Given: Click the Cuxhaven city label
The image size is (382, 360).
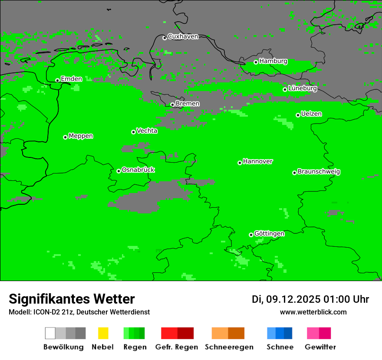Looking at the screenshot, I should (x=183, y=36).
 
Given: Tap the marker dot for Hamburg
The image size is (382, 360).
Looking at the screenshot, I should (x=256, y=62).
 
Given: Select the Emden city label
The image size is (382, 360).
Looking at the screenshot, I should (x=71, y=79).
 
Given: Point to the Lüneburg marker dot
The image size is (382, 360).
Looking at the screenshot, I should (x=285, y=89).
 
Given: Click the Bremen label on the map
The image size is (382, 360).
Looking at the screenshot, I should (x=188, y=104).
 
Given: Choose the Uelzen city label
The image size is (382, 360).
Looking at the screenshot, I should (x=311, y=114).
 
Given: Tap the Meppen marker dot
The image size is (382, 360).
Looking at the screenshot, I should (x=65, y=137).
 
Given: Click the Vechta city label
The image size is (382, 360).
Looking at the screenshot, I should (x=147, y=131).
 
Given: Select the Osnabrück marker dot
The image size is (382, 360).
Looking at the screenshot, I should (x=119, y=171).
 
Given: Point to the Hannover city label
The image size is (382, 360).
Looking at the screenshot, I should (x=258, y=161).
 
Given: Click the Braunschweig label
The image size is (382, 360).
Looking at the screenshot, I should (x=319, y=172).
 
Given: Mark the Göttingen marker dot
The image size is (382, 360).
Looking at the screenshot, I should (x=251, y=235).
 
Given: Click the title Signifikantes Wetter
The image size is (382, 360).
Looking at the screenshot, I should (x=72, y=299).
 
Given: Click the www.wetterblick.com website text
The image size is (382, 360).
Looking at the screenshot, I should (x=313, y=312).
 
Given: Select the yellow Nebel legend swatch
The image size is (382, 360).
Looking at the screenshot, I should (x=103, y=333).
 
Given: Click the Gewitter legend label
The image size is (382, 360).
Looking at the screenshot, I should (x=320, y=347).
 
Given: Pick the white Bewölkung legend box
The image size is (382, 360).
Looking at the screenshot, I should (x=50, y=333).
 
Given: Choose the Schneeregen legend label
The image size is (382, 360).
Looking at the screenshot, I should (x=229, y=347).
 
